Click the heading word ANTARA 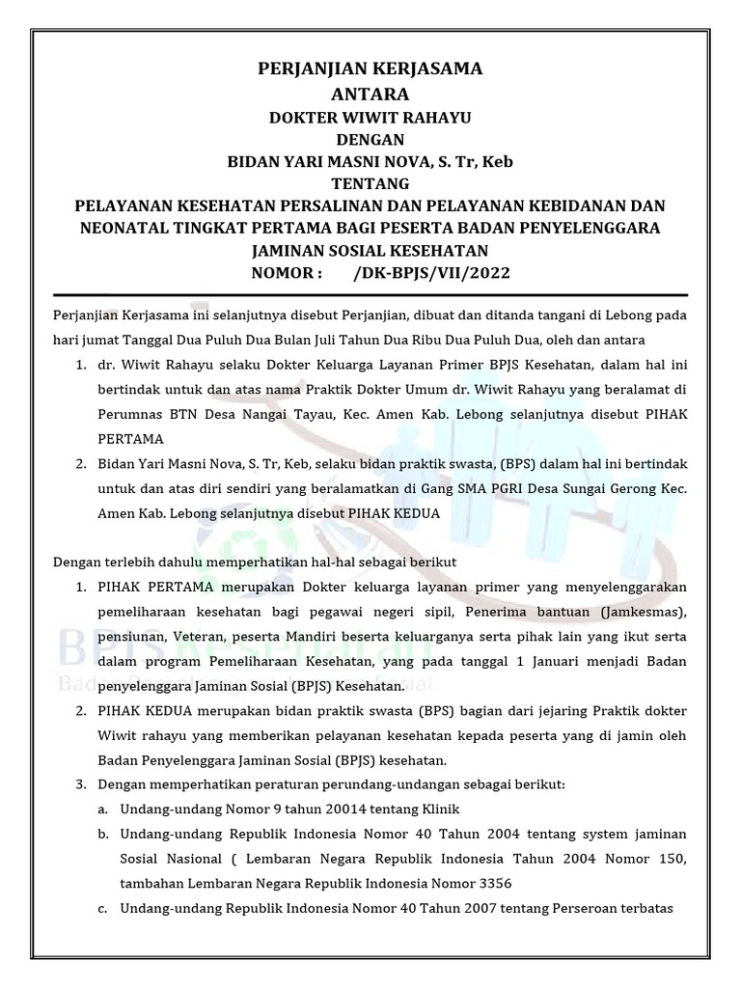coord(370,94)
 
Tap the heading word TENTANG coord(370,183)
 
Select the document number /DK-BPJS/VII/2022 coord(430,273)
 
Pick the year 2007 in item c coord(486,909)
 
